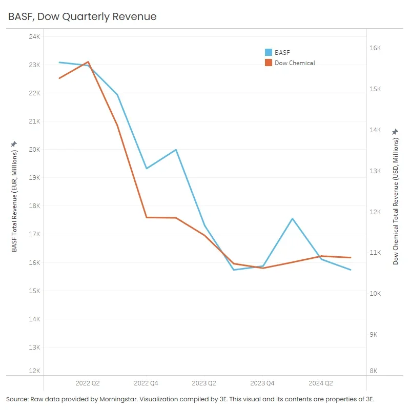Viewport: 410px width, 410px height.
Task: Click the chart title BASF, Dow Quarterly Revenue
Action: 83,17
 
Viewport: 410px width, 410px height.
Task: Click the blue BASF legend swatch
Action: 268,52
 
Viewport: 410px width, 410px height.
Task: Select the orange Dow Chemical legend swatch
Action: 268,63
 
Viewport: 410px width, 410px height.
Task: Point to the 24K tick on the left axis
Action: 34,37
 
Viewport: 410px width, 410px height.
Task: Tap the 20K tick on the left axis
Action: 34,150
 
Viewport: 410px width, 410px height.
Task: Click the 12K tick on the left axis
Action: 34,371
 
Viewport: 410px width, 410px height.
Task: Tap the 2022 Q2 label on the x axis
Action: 88,383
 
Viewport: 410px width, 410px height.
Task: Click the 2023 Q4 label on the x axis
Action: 262,383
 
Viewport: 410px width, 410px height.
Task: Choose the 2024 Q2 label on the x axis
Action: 321,383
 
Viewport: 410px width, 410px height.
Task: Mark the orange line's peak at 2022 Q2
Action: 88,62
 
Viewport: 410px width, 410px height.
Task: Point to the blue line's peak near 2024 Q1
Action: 292,219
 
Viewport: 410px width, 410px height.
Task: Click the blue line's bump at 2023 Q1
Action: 176,150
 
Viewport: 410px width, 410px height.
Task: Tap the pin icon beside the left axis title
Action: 14,144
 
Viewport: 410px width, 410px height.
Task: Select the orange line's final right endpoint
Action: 351,258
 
